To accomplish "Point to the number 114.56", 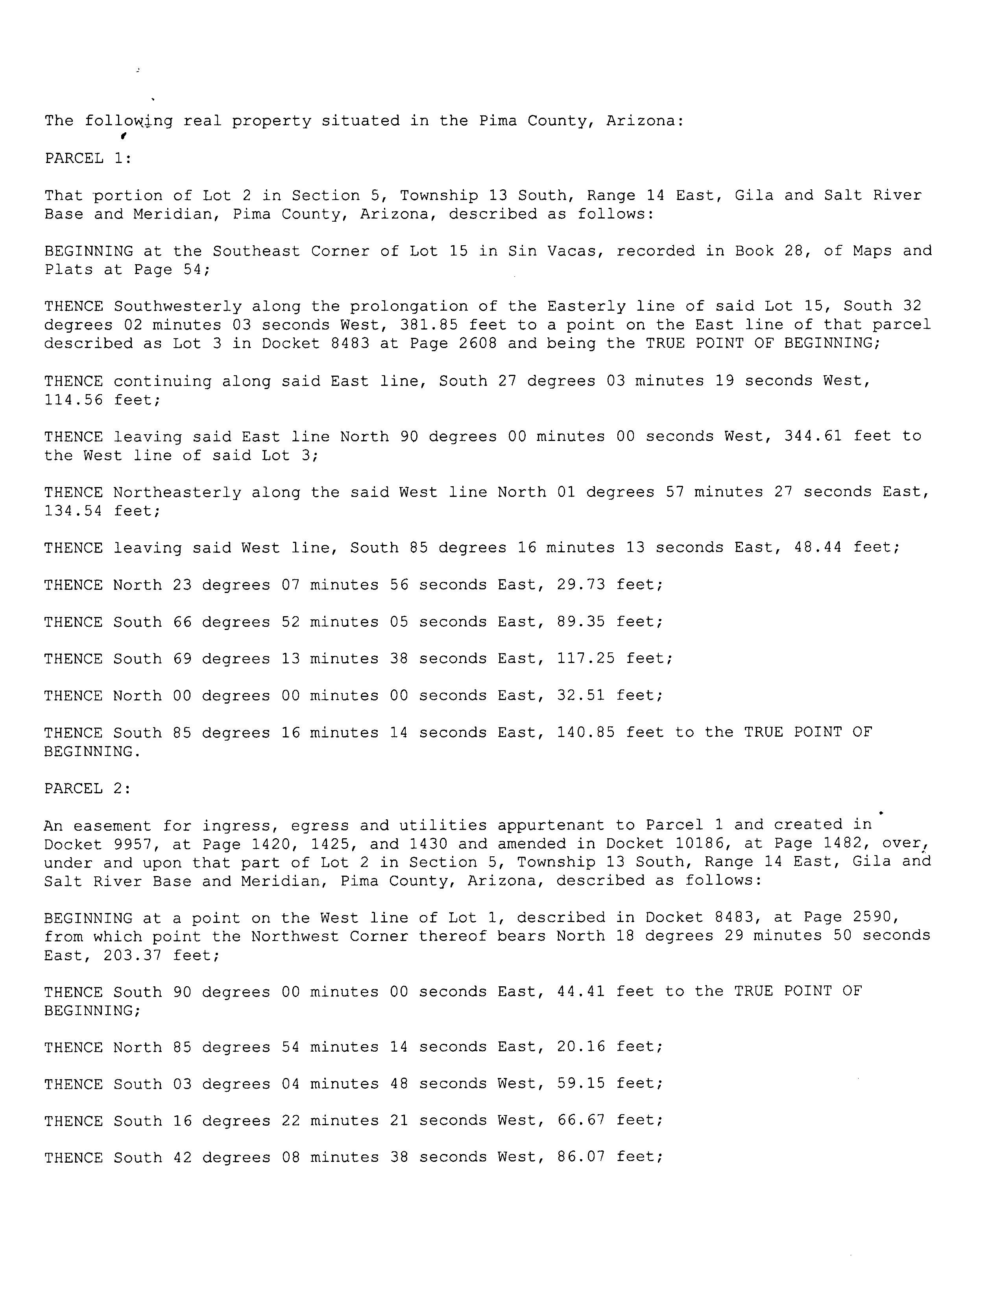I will pos(73,400).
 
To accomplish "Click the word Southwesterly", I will pos(177,306).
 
